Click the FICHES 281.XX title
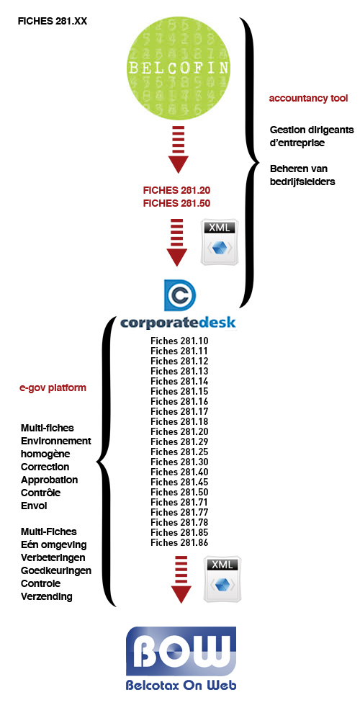(x=53, y=22)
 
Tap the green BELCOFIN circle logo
(x=178, y=68)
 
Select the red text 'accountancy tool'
(x=308, y=98)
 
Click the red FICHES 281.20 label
(x=176, y=190)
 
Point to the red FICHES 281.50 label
(x=176, y=203)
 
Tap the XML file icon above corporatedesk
(x=220, y=243)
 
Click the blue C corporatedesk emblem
(x=180, y=295)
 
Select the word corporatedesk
(x=178, y=323)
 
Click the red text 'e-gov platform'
(x=53, y=389)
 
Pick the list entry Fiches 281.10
(x=179, y=341)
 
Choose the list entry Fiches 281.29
(x=179, y=441)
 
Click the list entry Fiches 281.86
(x=179, y=542)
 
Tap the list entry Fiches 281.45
(x=179, y=482)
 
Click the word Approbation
(x=49, y=480)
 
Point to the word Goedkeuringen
(x=56, y=570)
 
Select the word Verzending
(x=46, y=596)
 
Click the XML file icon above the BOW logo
(x=222, y=579)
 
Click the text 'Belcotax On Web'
(x=181, y=685)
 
